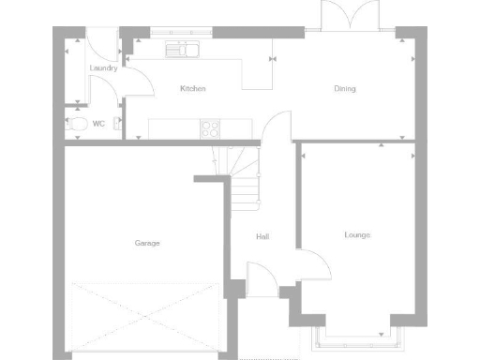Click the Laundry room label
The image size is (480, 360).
[x=103, y=68]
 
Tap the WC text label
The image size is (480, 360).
[x=98, y=123]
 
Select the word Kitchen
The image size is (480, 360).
[x=193, y=89]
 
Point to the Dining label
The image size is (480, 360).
[x=344, y=89]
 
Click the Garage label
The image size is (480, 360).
[x=146, y=243]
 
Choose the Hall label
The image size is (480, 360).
[x=262, y=236]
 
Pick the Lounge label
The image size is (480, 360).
[x=356, y=234]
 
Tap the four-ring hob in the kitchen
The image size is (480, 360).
[x=211, y=128]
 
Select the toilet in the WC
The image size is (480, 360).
[x=78, y=124]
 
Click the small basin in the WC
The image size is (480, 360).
[x=117, y=123]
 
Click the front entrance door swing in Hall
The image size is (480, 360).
[x=260, y=277]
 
